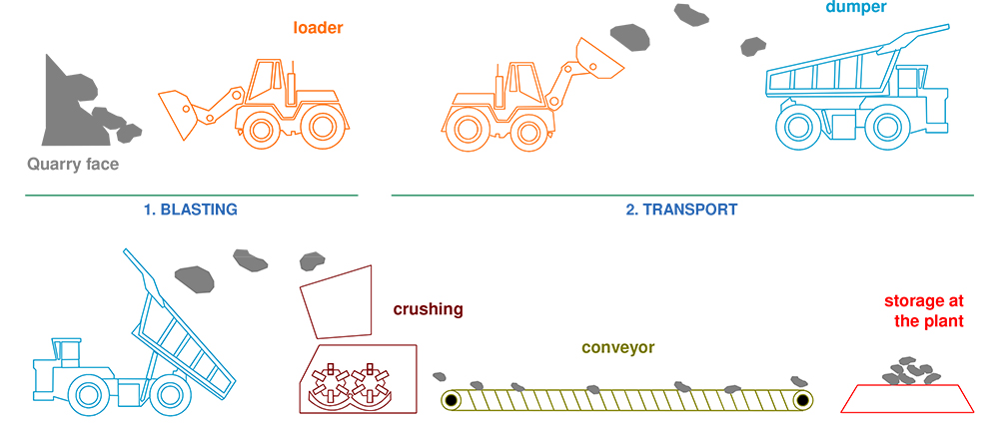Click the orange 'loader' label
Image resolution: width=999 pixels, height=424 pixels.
(318, 27)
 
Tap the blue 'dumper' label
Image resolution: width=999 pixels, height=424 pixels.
(856, 7)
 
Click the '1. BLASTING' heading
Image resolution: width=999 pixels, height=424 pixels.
(191, 211)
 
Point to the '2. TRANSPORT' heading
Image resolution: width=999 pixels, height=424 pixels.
(682, 211)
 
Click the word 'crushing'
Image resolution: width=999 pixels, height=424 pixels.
(428, 309)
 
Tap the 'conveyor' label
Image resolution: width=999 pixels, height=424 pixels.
(618, 348)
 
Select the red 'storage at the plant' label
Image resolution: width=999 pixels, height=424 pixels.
(924, 311)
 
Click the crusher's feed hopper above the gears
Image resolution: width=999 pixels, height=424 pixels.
(334, 300)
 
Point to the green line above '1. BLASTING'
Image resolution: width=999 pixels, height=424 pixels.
(191, 195)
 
